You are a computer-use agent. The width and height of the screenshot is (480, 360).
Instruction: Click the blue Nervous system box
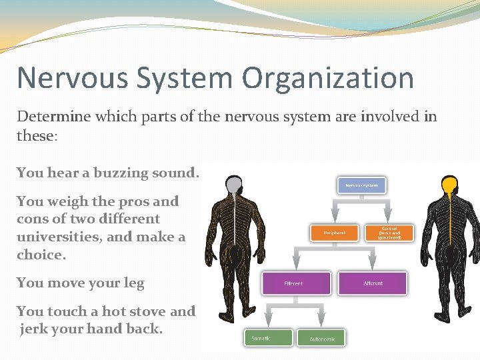coord(362,185)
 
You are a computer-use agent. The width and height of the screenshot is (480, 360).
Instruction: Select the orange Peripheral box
coord(334,233)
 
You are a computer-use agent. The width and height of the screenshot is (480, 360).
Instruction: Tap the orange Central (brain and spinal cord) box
coord(389,233)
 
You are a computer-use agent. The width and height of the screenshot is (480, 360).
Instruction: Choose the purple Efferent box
coord(296,283)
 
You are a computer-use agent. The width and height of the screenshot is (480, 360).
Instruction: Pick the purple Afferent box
coord(371,283)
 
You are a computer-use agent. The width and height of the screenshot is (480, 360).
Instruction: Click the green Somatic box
coord(268,337)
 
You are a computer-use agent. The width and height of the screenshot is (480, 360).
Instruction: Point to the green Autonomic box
coord(322,338)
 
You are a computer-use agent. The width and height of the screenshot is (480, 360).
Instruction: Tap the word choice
coord(41,255)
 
